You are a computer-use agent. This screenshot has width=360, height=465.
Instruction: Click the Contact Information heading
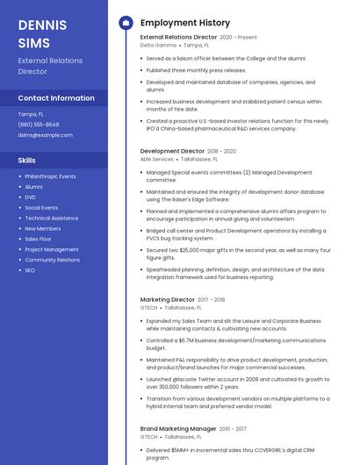click(x=56, y=98)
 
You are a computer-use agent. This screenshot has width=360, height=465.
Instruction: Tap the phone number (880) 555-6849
click(x=39, y=125)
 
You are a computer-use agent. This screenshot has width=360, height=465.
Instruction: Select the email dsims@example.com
click(x=45, y=135)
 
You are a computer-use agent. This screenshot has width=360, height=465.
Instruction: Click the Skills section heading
click(x=27, y=161)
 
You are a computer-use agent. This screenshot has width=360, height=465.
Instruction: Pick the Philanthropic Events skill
click(x=50, y=176)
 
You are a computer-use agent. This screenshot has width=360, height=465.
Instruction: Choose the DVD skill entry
click(x=31, y=197)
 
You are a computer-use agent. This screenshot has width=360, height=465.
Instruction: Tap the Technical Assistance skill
click(x=51, y=218)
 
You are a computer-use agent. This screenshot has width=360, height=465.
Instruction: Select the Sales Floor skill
click(x=38, y=240)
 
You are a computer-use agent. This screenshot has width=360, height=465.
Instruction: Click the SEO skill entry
click(x=30, y=270)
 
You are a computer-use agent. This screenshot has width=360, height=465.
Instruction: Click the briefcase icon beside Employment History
click(x=125, y=23)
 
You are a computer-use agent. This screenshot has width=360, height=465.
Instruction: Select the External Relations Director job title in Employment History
click(x=178, y=38)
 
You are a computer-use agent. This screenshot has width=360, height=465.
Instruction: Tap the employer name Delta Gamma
click(x=158, y=46)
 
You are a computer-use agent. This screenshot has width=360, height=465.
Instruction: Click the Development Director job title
click(x=172, y=151)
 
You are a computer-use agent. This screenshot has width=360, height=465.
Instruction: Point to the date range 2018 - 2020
click(x=222, y=151)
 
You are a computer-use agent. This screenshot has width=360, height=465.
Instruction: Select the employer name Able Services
click(x=157, y=159)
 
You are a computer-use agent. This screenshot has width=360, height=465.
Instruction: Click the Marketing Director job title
click(x=168, y=300)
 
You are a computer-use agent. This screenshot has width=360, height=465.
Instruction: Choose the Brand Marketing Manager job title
click(x=178, y=428)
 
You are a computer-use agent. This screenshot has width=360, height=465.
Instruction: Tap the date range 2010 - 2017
click(x=234, y=428)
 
